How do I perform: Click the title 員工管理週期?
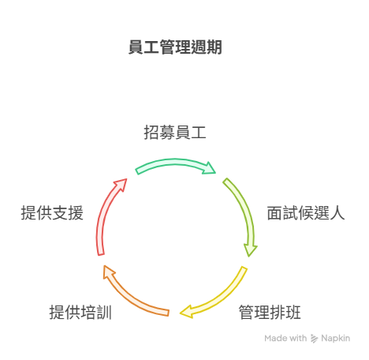(x=175, y=47)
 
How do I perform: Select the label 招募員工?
(x=175, y=132)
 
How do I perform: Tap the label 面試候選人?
(x=306, y=213)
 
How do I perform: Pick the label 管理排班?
(x=270, y=313)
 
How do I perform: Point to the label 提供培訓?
(x=80, y=313)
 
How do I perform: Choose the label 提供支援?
(x=52, y=213)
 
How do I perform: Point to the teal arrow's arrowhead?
(x=210, y=168)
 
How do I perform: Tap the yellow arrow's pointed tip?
(x=181, y=313)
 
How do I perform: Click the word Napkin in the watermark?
(x=335, y=338)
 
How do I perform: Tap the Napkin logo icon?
(x=314, y=339)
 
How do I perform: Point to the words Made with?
(x=285, y=338)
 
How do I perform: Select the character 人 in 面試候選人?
(x=337, y=213)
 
